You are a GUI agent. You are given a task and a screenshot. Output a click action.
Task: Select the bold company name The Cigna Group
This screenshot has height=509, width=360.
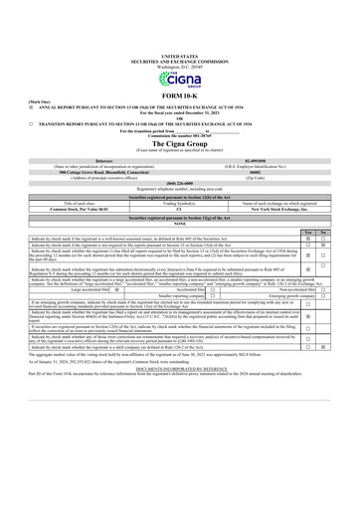[x=179, y=144]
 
